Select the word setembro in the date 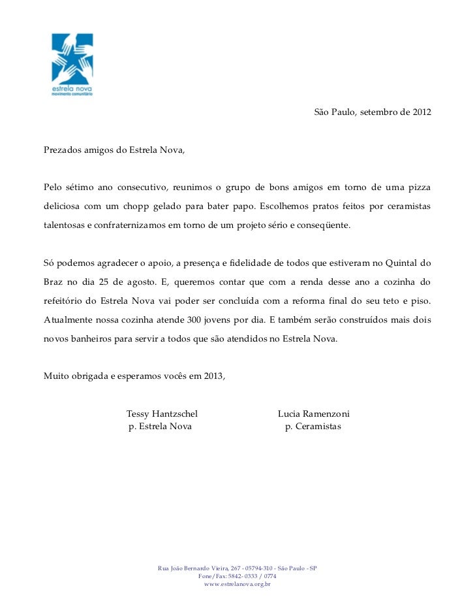pyautogui.click(x=378, y=112)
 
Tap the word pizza pyautogui.click(x=417, y=188)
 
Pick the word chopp pyautogui.click(x=135, y=206)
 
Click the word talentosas pyautogui.click(x=63, y=225)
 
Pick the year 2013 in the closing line pyautogui.click(x=212, y=377)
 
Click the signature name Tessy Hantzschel pyautogui.click(x=162, y=414)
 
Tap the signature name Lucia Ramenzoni pyautogui.click(x=314, y=414)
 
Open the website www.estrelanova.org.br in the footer pyautogui.click(x=237, y=584)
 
